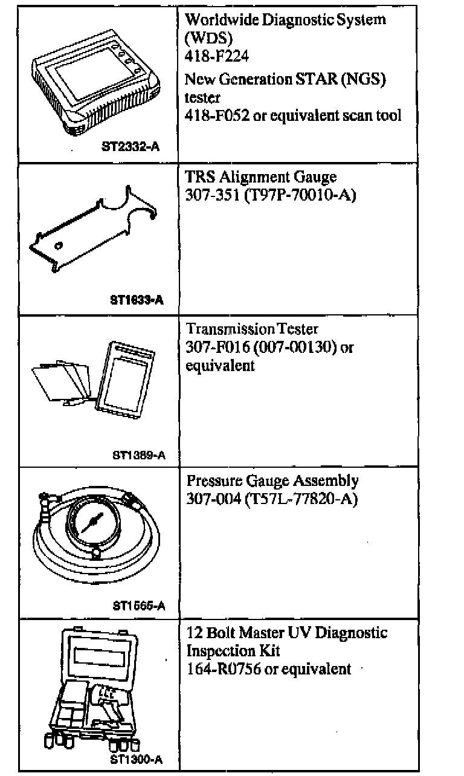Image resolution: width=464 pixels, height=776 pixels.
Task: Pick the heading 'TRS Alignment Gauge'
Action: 261,177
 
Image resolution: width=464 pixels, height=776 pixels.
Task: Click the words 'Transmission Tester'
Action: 252,329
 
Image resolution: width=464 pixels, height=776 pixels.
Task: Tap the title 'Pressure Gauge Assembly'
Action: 272,481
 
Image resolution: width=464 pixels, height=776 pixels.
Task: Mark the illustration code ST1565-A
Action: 139,606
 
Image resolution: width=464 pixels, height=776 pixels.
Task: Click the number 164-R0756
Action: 224,669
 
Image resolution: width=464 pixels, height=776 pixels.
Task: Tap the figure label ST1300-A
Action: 137,758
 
